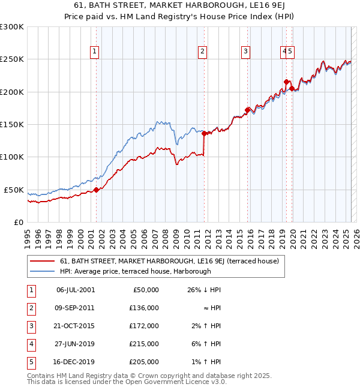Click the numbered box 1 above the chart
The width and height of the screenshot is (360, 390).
(x=95, y=52)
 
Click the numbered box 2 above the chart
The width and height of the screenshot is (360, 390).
(x=203, y=52)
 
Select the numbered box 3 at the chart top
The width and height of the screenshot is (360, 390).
(x=246, y=52)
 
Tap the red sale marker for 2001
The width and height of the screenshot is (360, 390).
(x=96, y=190)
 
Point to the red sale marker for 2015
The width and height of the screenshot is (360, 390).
(x=247, y=110)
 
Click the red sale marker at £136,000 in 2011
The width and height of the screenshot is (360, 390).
(x=204, y=133)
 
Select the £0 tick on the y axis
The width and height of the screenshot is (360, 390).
(x=18, y=222)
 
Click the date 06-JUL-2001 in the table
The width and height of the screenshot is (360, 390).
(x=75, y=290)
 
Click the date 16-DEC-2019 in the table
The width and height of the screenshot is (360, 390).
(x=75, y=362)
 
